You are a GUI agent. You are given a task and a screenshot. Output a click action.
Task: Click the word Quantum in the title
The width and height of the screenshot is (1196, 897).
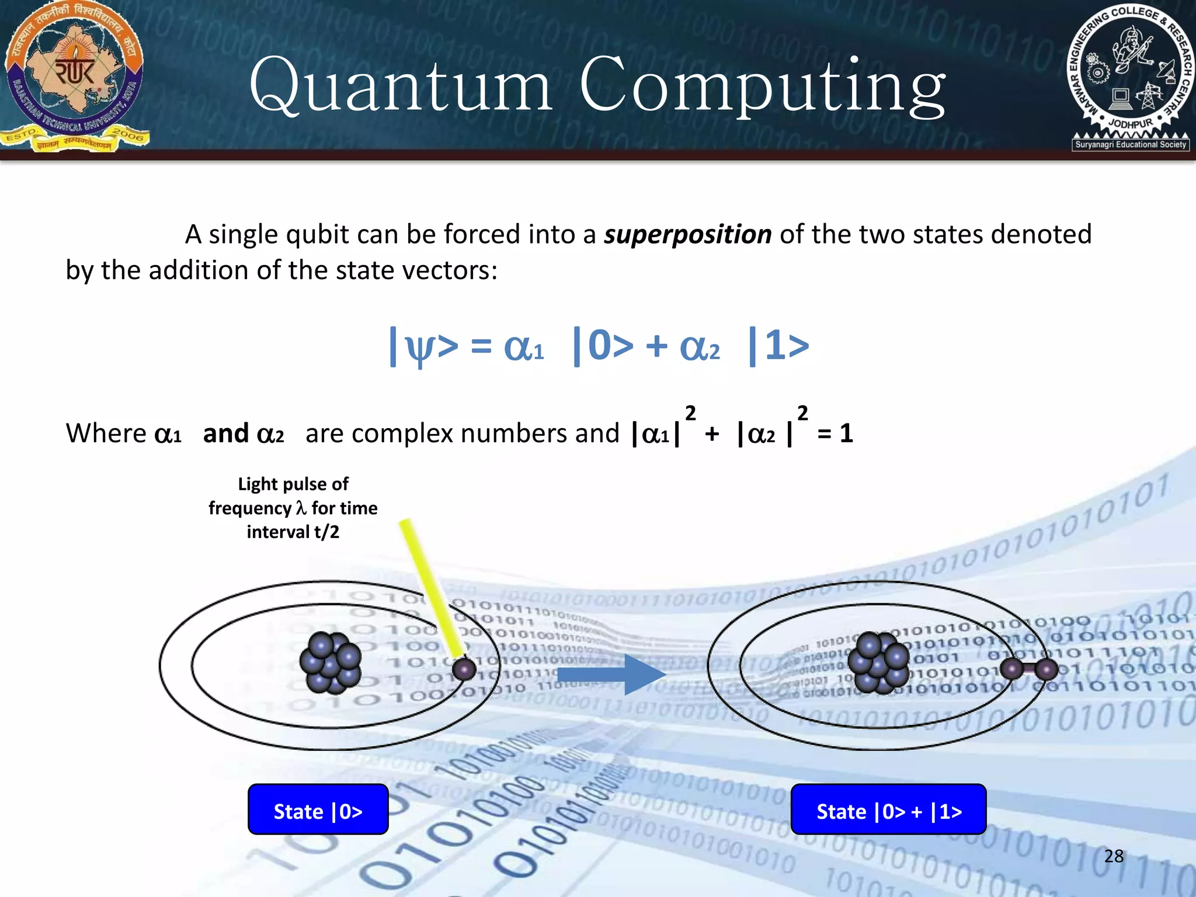(x=401, y=86)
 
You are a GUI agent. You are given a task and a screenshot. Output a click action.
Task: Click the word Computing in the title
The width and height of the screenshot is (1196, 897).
(x=762, y=86)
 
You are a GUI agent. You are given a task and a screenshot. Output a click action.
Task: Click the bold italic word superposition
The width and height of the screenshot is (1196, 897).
(x=687, y=235)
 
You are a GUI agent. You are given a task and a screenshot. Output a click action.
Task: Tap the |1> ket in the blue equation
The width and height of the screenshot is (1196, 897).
(x=779, y=346)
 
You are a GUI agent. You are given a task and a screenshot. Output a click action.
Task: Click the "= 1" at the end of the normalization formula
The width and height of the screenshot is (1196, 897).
(x=835, y=434)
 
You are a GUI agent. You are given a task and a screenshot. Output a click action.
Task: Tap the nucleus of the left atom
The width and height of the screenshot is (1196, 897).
(x=331, y=663)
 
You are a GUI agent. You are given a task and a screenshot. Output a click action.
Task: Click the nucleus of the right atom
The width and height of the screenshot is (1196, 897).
(x=878, y=663)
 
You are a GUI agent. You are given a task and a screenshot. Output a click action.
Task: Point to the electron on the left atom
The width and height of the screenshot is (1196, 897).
(x=464, y=669)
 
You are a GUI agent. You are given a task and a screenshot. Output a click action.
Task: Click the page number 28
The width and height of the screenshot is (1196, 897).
(x=1114, y=856)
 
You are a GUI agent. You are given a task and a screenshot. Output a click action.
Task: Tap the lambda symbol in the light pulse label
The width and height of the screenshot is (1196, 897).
(x=301, y=509)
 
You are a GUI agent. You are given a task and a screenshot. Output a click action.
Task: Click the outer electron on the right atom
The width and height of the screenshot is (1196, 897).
(x=1046, y=669)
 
